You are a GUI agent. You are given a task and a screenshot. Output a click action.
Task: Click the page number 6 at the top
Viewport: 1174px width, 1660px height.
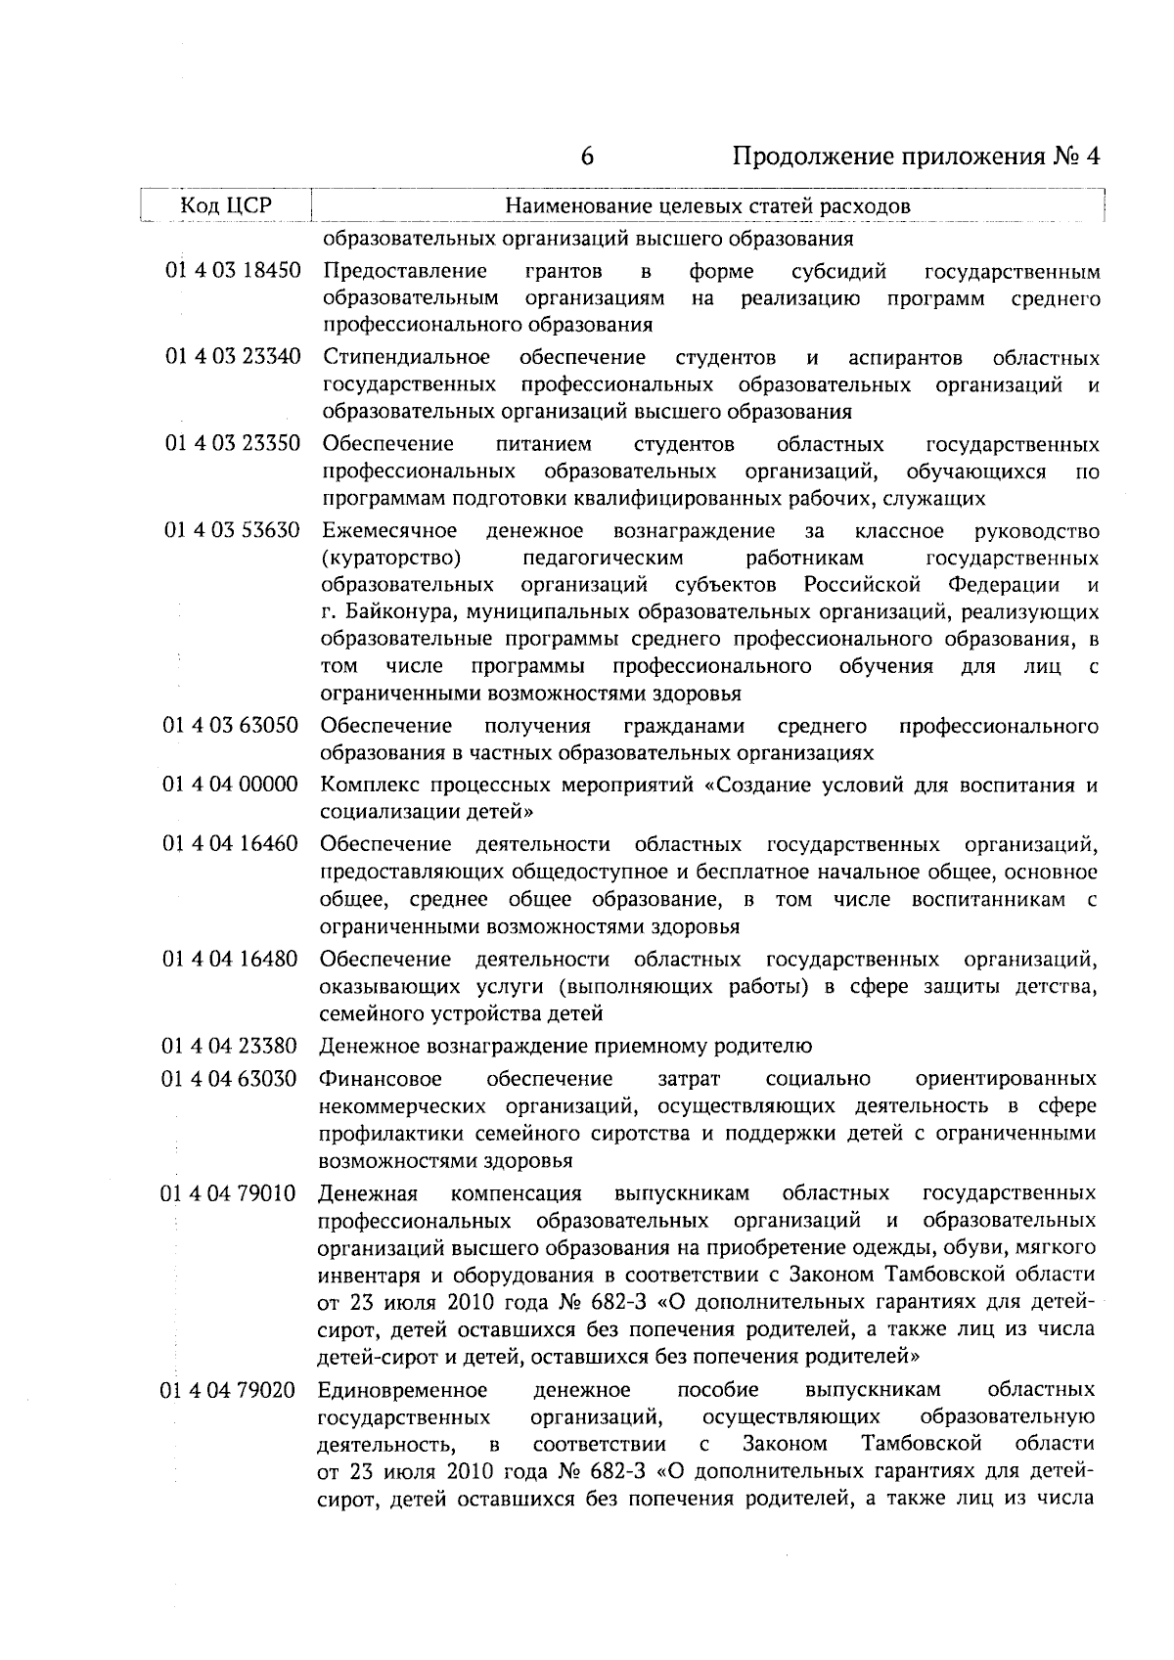click(587, 157)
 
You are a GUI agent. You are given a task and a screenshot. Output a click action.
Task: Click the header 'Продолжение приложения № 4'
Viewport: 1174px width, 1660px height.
click(917, 157)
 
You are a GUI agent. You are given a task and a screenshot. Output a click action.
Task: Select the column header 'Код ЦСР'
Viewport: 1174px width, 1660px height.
click(226, 205)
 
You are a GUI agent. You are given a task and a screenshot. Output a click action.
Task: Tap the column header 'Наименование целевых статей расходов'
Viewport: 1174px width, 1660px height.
click(707, 205)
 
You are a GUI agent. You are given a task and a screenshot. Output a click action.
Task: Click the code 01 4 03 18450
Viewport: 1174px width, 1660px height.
click(233, 270)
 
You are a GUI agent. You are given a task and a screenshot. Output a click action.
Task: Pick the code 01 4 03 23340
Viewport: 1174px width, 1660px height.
click(233, 356)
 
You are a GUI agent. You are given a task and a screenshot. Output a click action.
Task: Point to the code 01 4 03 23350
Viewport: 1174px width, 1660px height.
click(233, 444)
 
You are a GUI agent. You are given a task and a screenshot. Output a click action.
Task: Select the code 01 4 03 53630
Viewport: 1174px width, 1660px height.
click(233, 531)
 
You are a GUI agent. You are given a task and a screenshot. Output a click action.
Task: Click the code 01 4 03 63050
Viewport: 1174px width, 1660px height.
click(232, 726)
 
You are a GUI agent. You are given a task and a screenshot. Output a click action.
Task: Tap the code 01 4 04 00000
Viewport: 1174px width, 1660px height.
click(232, 785)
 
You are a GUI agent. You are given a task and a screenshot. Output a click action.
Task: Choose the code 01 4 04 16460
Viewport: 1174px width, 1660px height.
click(232, 843)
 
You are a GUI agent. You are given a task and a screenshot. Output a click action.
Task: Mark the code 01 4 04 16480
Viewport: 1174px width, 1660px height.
click(232, 959)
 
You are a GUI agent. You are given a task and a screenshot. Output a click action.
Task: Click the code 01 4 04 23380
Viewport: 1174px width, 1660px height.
click(231, 1046)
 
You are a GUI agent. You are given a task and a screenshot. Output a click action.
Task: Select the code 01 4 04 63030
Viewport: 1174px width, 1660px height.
click(231, 1078)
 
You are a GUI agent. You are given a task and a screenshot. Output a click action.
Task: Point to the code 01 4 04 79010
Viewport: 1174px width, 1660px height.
click(231, 1193)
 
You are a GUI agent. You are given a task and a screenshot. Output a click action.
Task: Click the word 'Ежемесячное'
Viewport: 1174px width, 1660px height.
click(389, 531)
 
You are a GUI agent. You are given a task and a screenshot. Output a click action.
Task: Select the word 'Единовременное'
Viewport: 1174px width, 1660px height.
click(403, 1390)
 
